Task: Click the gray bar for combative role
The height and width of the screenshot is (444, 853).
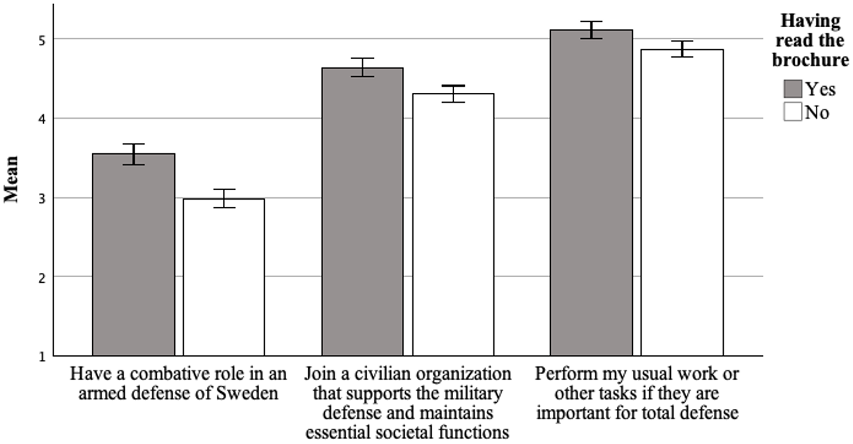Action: (133, 256)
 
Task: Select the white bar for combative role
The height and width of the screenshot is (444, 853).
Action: (224, 277)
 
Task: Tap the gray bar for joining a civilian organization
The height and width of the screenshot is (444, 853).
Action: (363, 213)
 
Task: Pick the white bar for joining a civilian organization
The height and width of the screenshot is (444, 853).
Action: (453, 224)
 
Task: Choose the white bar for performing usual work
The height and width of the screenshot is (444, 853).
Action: (682, 203)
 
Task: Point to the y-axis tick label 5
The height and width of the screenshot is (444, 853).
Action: (42, 40)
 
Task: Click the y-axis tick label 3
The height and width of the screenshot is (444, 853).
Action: (42, 198)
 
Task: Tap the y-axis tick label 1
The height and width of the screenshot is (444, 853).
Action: (42, 357)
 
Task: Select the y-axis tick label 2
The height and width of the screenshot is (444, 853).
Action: (42, 277)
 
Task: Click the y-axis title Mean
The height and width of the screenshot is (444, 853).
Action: (11, 179)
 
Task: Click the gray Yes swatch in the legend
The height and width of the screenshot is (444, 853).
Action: (793, 89)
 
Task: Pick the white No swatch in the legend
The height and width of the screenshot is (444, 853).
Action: (793, 112)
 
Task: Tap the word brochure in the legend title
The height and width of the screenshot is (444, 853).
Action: (810, 60)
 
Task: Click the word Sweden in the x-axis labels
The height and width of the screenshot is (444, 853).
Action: (247, 393)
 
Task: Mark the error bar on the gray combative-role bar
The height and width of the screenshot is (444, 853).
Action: (133, 154)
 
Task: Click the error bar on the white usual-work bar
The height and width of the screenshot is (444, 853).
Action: (682, 49)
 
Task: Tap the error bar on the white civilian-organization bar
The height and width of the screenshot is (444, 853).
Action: (453, 94)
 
